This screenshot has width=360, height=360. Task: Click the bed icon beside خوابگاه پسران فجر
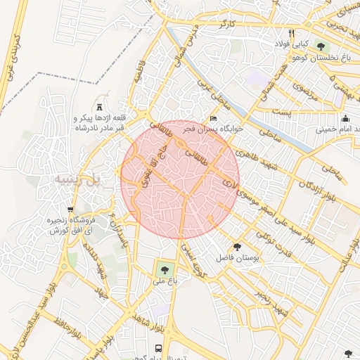click(x=214, y=118)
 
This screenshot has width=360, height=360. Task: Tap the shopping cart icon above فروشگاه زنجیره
click(x=70, y=209)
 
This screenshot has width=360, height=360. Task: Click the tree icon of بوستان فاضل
click(x=236, y=247)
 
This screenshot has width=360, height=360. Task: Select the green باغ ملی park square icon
click(x=165, y=268)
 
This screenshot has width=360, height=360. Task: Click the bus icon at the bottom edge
click(x=158, y=348)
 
